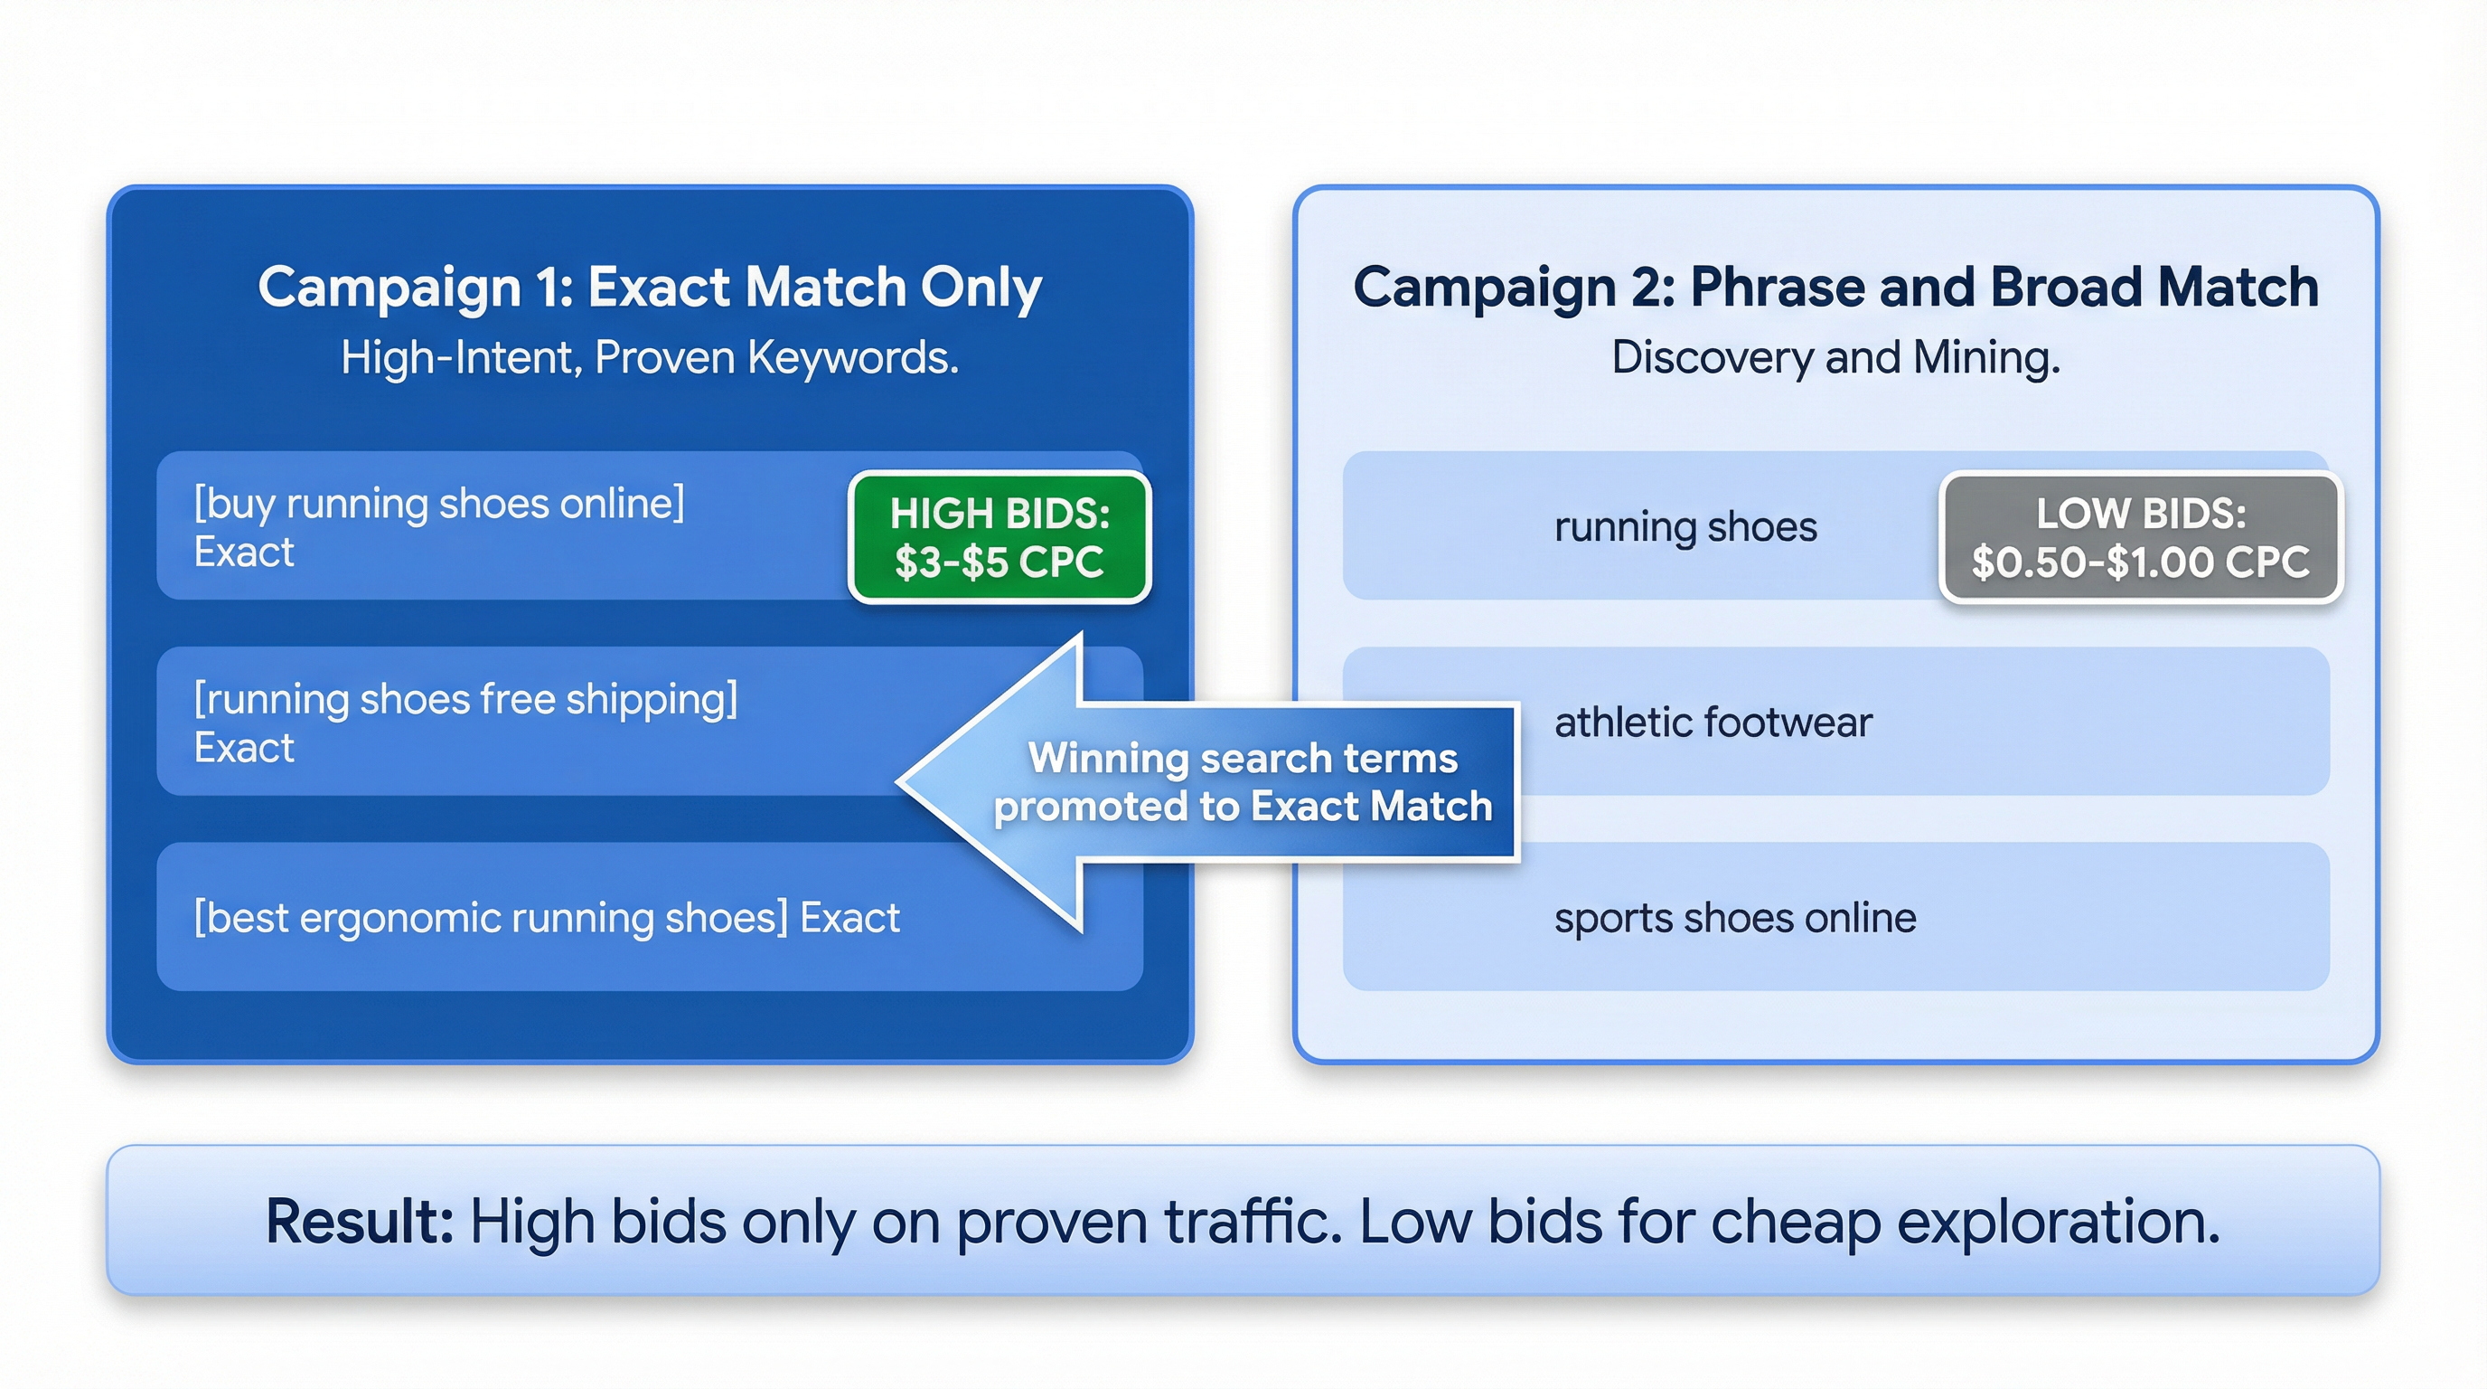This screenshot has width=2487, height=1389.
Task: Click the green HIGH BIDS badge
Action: tap(999, 536)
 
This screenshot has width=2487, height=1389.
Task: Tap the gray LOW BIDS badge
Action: tap(2140, 536)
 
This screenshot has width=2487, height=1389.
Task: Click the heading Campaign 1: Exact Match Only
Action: tap(650, 287)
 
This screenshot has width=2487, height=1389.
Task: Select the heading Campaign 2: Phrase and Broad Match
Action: tap(1835, 287)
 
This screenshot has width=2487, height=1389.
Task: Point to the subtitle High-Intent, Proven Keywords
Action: tap(650, 357)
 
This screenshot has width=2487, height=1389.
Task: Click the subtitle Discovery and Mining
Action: tap(1835, 357)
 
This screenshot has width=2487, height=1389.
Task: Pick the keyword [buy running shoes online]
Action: tap(439, 504)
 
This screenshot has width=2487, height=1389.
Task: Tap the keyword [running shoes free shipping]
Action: tap(465, 698)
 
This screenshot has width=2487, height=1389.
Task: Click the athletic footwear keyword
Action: tap(1713, 722)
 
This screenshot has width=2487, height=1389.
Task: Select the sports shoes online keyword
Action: tap(1735, 917)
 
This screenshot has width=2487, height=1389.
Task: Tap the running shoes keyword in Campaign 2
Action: tap(1685, 526)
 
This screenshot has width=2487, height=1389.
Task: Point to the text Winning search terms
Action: tap(1243, 758)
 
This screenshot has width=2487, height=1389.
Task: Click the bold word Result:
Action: tap(359, 1221)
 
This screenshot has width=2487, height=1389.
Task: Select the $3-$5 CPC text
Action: tap(999, 562)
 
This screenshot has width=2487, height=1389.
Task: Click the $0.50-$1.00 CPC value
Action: tap(2140, 562)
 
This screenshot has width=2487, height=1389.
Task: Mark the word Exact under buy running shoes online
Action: tap(244, 553)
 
